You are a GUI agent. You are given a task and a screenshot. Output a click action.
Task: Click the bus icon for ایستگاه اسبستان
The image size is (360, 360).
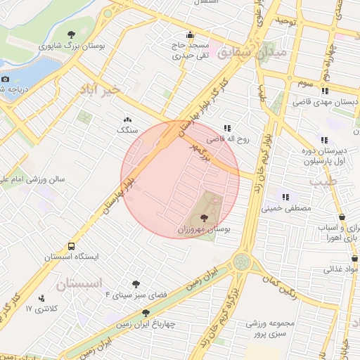pos(72,247)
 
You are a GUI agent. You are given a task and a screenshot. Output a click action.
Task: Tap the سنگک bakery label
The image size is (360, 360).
pos(127,130)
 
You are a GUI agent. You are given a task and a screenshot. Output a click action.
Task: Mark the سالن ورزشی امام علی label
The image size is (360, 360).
pos(34,179)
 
